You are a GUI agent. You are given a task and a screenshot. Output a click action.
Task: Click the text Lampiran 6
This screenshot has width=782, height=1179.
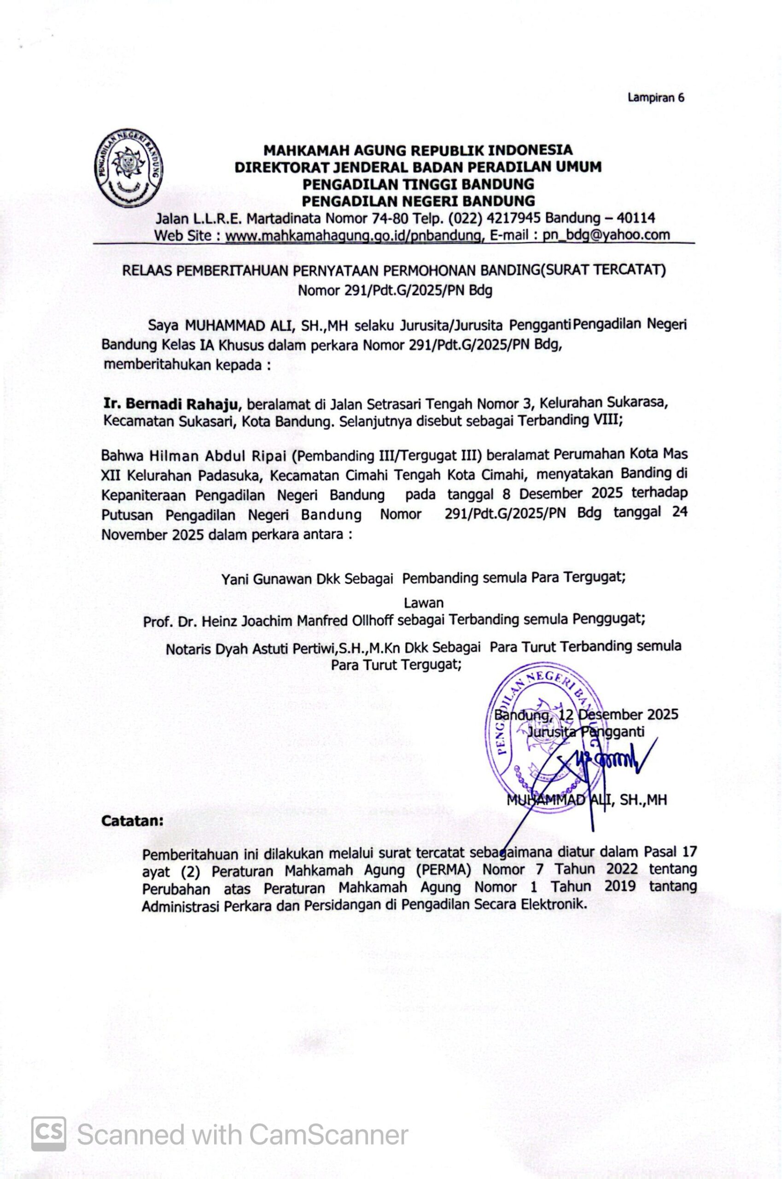pos(656,98)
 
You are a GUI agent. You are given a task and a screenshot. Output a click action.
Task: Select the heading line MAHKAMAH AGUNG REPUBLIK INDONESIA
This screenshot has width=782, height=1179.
pos(418,150)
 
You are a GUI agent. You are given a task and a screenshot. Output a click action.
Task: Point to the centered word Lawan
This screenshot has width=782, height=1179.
pos(423,602)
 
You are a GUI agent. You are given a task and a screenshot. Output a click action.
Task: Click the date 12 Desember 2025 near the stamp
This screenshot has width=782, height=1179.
pos(619,715)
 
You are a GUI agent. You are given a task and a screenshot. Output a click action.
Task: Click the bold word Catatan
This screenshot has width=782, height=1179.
pos(132,820)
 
